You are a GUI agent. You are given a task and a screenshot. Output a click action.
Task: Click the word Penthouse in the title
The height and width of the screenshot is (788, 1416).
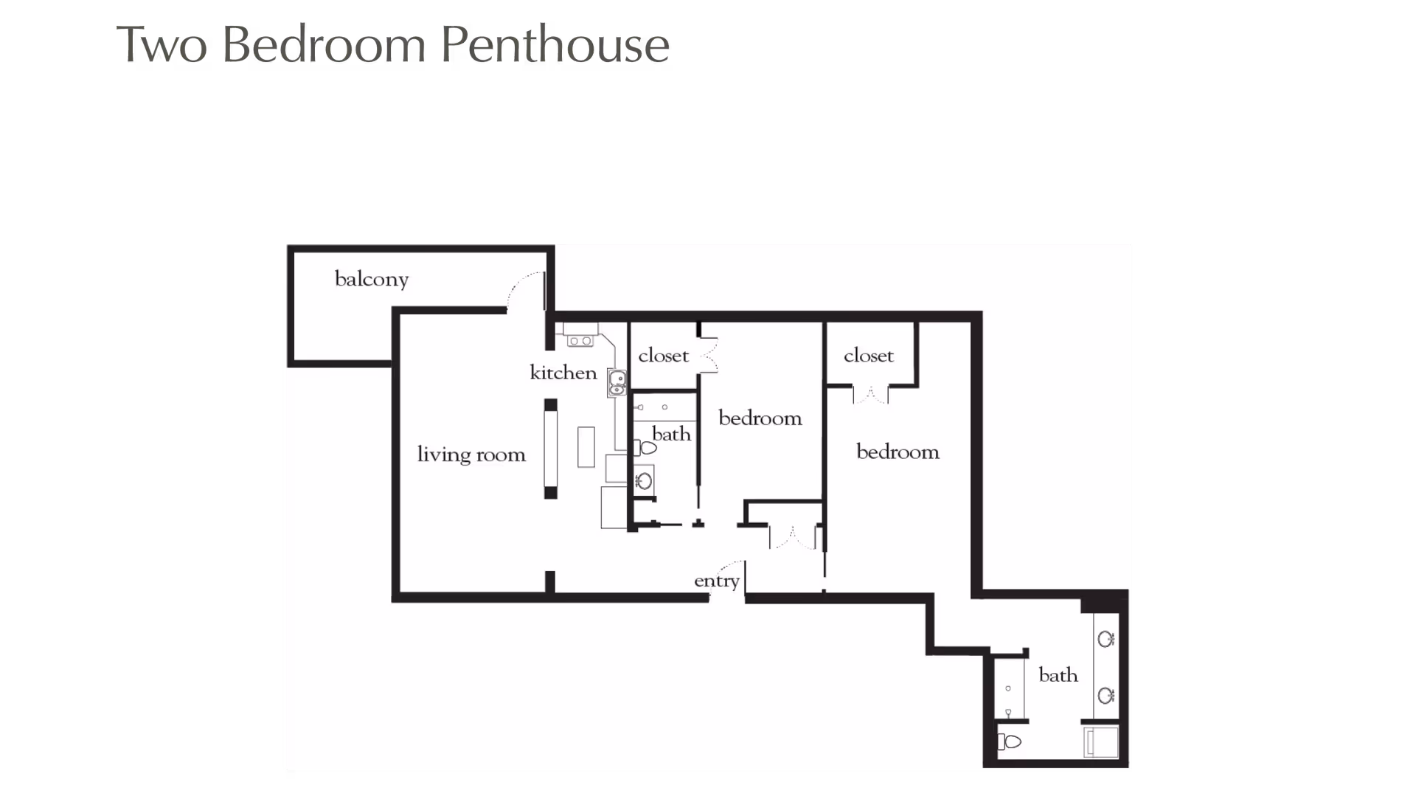[x=555, y=44]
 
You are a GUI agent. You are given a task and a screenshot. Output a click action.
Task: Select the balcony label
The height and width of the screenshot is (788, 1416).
[x=371, y=279]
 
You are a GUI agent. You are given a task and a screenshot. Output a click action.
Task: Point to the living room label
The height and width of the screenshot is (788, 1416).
[x=471, y=454]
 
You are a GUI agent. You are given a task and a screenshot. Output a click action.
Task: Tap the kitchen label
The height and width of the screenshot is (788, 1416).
[x=563, y=373]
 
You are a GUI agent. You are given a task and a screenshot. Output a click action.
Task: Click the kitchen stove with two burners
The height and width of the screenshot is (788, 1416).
[x=580, y=341]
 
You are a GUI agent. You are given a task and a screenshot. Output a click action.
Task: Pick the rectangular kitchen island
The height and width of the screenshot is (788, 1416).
[x=586, y=446]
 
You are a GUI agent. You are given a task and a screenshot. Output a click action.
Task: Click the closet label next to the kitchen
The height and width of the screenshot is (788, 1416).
[x=663, y=356]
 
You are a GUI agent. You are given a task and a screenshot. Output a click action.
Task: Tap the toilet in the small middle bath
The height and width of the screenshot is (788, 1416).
[x=646, y=447]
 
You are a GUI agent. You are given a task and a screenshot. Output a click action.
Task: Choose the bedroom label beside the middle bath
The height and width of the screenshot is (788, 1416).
[x=760, y=418]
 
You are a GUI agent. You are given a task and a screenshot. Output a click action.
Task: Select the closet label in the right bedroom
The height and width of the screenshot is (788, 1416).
[x=868, y=356]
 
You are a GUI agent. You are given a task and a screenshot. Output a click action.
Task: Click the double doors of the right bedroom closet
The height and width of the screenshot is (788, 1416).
[x=871, y=395]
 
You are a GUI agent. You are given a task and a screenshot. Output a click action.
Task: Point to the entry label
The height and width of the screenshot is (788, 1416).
[x=716, y=581]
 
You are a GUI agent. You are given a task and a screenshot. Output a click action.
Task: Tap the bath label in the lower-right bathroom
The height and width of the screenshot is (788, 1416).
[x=1058, y=675]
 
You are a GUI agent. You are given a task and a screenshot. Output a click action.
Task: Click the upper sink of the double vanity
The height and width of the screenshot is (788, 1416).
[x=1106, y=639]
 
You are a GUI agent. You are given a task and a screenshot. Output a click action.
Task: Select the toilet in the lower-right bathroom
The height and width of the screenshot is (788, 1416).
[x=1010, y=742]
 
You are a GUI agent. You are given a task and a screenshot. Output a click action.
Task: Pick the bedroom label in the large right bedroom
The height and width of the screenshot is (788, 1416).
[x=898, y=452]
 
